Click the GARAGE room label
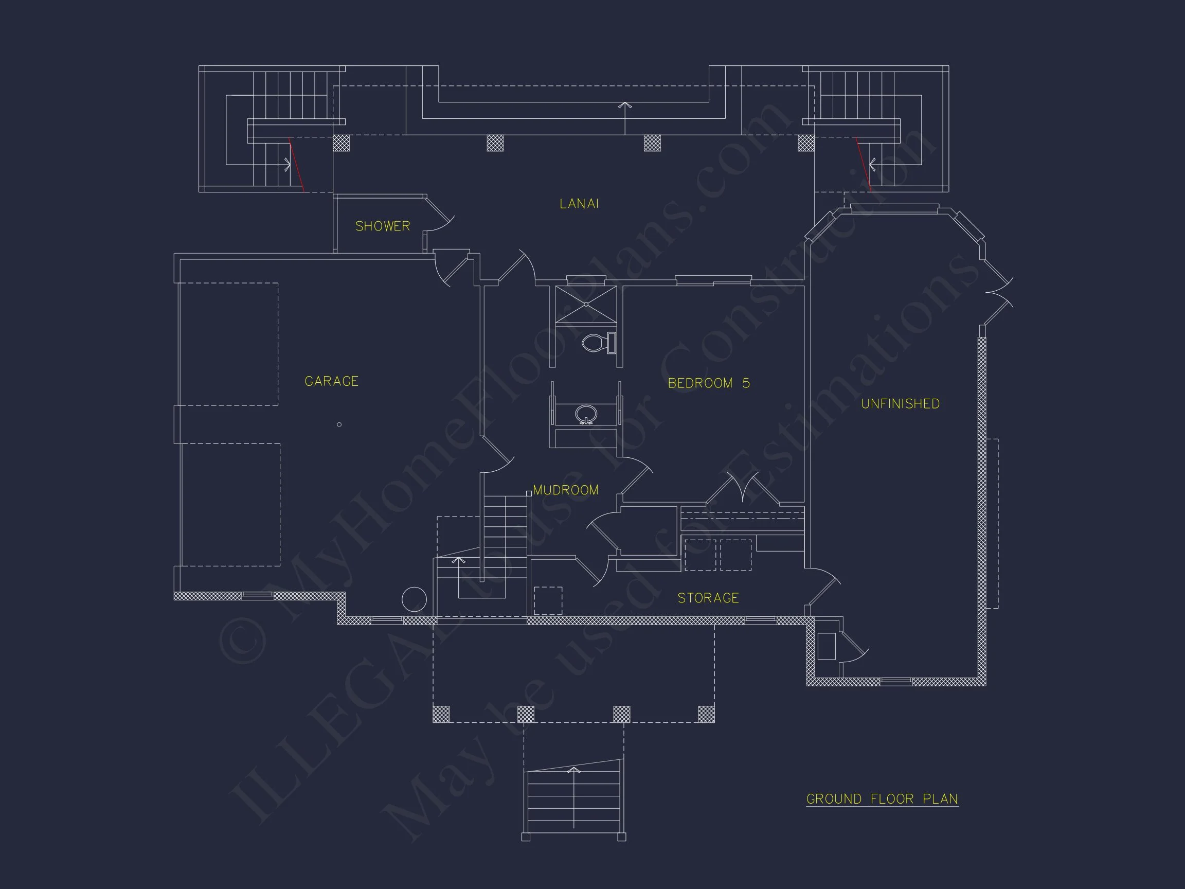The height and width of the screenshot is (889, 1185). pyautogui.click(x=331, y=381)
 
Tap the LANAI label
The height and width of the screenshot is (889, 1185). pyautogui.click(x=579, y=204)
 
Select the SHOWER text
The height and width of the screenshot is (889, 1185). pyautogui.click(x=383, y=226)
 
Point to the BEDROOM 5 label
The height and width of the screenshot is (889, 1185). pyautogui.click(x=708, y=383)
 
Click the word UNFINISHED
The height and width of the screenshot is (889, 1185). pyautogui.click(x=900, y=404)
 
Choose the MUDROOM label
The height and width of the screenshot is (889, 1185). pyautogui.click(x=565, y=490)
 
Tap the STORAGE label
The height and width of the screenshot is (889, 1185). pyautogui.click(x=708, y=598)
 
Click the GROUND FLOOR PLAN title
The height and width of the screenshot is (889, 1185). pyautogui.click(x=882, y=799)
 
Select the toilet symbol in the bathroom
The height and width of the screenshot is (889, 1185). pyautogui.click(x=598, y=343)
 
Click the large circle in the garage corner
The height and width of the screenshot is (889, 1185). pyautogui.click(x=414, y=599)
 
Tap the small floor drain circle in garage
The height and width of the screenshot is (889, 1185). pyautogui.click(x=339, y=424)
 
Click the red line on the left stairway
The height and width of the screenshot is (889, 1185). pyautogui.click(x=296, y=165)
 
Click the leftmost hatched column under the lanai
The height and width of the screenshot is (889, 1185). pyautogui.click(x=341, y=143)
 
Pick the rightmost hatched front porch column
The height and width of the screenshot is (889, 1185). pyautogui.click(x=706, y=714)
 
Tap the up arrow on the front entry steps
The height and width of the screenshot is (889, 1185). pyautogui.click(x=574, y=771)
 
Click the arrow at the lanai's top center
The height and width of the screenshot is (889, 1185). pyautogui.click(x=624, y=105)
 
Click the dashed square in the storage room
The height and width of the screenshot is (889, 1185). pyautogui.click(x=548, y=600)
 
